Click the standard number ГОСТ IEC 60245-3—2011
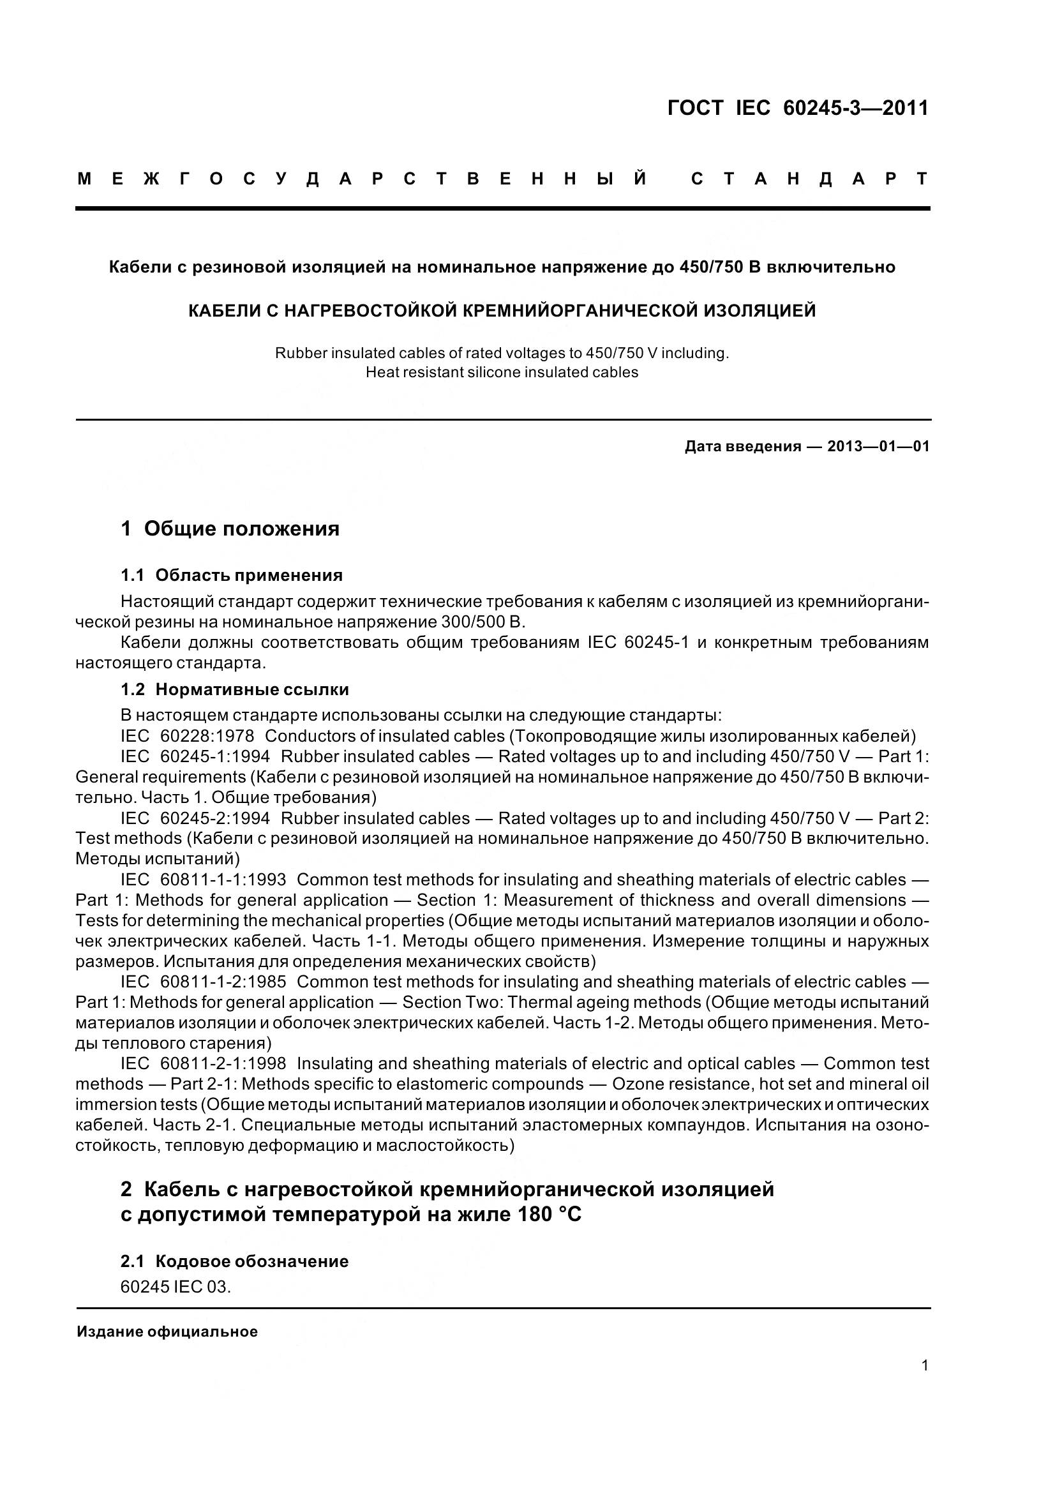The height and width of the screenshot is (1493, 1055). pos(798,108)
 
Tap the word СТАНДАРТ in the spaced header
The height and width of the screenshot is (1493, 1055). pos(810,179)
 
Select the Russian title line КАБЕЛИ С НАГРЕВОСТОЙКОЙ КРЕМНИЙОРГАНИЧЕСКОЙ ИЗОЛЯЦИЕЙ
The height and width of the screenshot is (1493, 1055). pos(502,311)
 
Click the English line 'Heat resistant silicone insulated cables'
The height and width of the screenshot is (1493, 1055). pos(502,373)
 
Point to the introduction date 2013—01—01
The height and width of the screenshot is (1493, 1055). pos(878,446)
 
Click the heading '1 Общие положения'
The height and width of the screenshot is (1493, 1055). pos(230,529)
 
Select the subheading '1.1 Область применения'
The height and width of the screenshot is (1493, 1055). pos(232,575)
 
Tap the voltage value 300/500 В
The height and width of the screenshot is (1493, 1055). pos(482,622)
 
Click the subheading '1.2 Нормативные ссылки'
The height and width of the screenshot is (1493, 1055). pos(235,689)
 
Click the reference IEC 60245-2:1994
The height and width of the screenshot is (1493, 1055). pos(195,818)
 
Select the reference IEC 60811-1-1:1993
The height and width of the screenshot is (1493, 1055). pos(203,880)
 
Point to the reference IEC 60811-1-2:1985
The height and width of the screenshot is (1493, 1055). pos(203,982)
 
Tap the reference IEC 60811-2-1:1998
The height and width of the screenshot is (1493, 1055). pos(203,1064)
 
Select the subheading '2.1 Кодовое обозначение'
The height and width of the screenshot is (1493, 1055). pos(235,1261)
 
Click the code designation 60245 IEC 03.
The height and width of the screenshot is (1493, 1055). pos(176,1287)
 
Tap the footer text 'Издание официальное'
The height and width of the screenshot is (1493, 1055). pos(167,1332)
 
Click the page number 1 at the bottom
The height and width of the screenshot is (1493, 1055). pos(925,1365)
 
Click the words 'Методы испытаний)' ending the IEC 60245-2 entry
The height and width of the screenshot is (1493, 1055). pos(158,859)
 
